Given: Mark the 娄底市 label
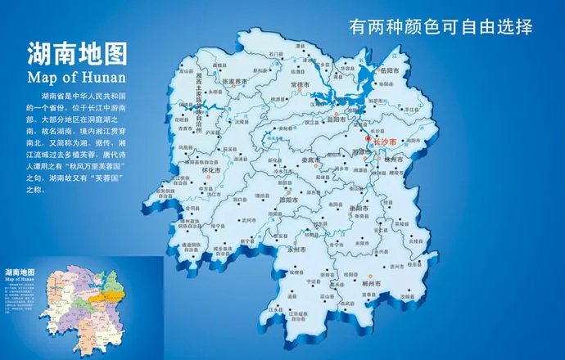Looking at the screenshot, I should (311, 160).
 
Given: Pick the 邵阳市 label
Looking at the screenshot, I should (287, 199).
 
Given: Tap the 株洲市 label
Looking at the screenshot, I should (389, 161).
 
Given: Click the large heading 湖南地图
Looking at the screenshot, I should (77, 56).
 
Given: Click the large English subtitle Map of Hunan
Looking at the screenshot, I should (77, 78).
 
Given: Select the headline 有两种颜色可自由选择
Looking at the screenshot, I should (441, 26).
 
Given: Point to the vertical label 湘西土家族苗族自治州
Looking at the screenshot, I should (200, 97).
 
